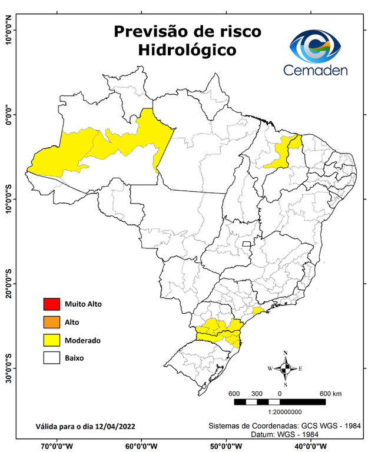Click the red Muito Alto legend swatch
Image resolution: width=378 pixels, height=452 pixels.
51,304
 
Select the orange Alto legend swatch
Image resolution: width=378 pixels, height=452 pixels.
51,322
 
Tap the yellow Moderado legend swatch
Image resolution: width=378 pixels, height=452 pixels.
51,340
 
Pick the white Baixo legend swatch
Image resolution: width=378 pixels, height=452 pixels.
51,357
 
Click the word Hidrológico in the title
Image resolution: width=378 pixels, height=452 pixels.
187,51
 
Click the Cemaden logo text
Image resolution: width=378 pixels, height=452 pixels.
316,70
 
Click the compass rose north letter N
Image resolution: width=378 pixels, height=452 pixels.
286,353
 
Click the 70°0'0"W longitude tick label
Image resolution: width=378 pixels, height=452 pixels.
57,446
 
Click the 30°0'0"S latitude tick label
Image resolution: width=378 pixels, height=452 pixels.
8,368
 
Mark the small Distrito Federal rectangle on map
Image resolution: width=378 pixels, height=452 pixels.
247,242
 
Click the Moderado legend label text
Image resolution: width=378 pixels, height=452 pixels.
83,340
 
